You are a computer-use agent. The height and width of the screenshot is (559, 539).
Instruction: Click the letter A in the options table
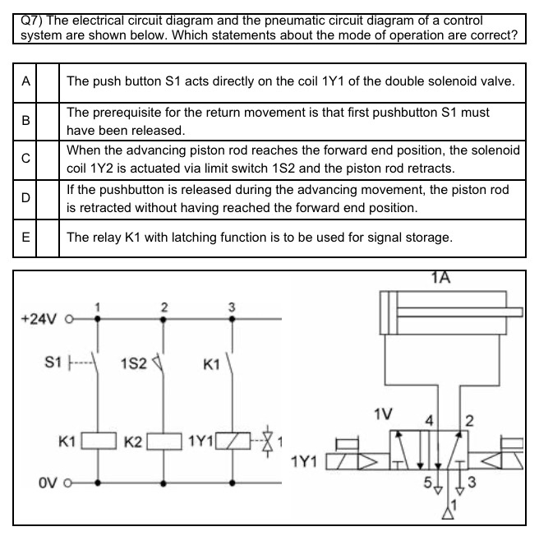click(x=25, y=81)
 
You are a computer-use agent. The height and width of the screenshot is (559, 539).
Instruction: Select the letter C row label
click(x=25, y=159)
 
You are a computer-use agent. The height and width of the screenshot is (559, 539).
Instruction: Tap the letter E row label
click(x=25, y=238)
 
